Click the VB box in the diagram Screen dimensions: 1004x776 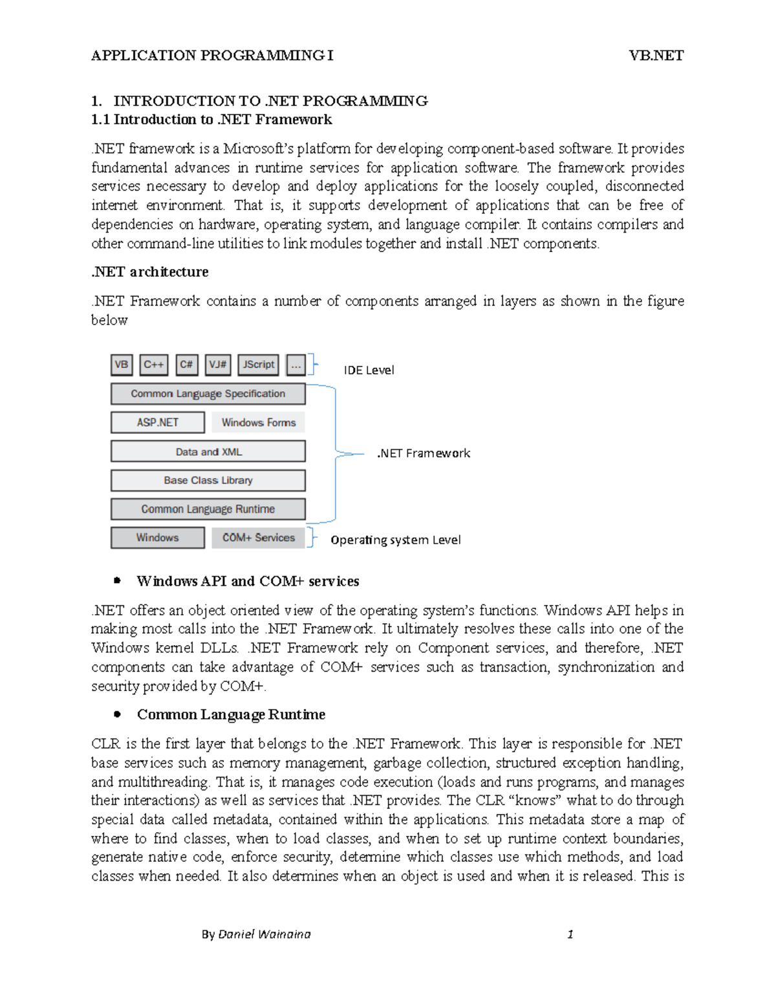[x=122, y=365]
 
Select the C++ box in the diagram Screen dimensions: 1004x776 [x=154, y=365]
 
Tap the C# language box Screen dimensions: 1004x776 [x=186, y=365]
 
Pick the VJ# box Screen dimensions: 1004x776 [x=218, y=365]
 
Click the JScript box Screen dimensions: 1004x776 [x=258, y=365]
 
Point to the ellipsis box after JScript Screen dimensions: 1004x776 [x=296, y=365]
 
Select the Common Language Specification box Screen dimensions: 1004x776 [x=208, y=394]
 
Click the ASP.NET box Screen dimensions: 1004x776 [x=157, y=422]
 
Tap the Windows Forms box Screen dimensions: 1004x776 [x=258, y=422]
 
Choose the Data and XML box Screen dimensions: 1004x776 [x=208, y=451]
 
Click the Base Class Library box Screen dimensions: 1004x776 [x=208, y=480]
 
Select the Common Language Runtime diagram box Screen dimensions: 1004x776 [x=208, y=509]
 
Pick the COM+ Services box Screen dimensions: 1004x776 [x=258, y=537]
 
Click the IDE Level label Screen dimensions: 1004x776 [x=369, y=370]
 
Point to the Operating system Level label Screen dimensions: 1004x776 [x=395, y=540]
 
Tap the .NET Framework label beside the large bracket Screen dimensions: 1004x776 [x=424, y=453]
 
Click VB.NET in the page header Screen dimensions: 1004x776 [x=656, y=56]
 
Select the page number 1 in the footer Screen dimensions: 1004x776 [x=570, y=934]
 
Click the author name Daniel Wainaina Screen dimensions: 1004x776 [x=264, y=934]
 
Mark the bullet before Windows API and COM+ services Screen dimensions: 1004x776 [x=117, y=581]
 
